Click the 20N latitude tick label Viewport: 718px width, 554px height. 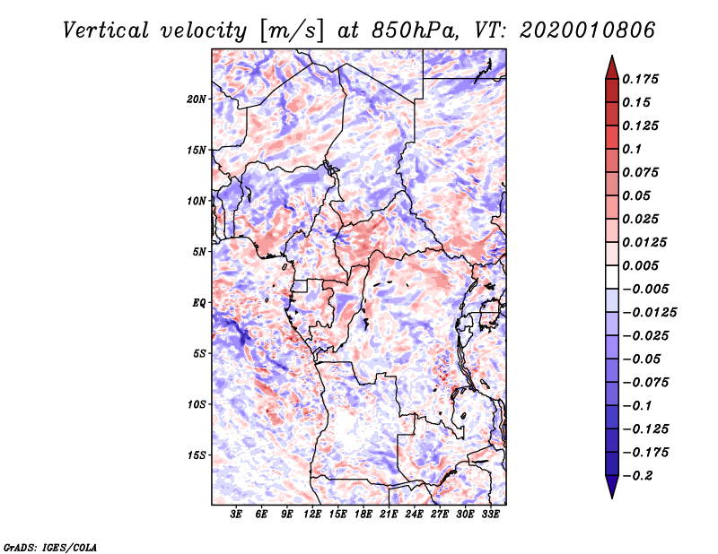pyautogui.click(x=197, y=99)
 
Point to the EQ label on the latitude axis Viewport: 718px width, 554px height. pyautogui.click(x=199, y=303)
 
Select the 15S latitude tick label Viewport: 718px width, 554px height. pyautogui.click(x=197, y=455)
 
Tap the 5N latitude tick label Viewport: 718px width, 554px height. pyautogui.click(x=199, y=252)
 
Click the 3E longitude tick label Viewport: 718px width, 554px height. pyautogui.click(x=237, y=515)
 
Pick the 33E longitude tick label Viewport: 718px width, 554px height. pyautogui.click(x=491, y=515)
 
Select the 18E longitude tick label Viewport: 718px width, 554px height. pyautogui.click(x=363, y=515)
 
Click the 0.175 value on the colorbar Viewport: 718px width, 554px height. pyautogui.click(x=643, y=79)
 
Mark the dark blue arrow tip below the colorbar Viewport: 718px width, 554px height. pyautogui.click(x=611, y=491)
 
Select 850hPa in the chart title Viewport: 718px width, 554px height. pyautogui.click(x=401, y=30)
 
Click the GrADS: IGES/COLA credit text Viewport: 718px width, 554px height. pyautogui.click(x=50, y=546)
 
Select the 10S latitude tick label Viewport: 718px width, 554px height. pyautogui.click(x=197, y=404)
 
